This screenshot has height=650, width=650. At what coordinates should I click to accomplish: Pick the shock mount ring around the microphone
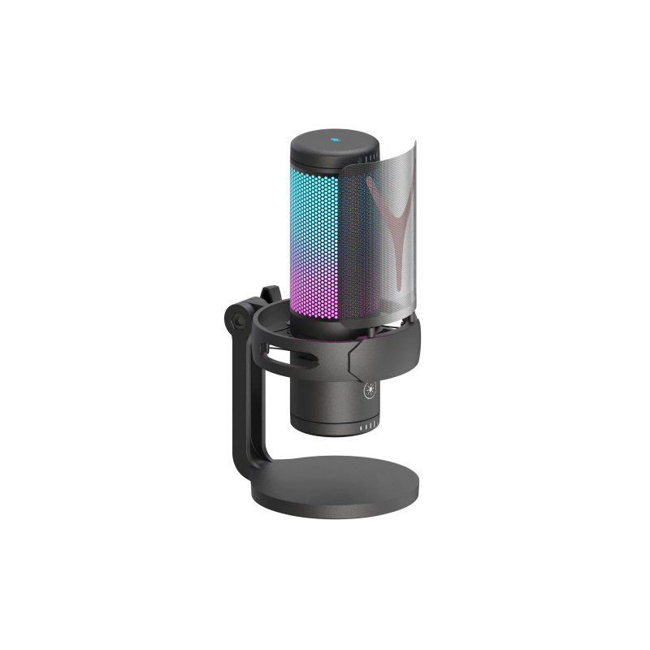(x=390, y=349)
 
